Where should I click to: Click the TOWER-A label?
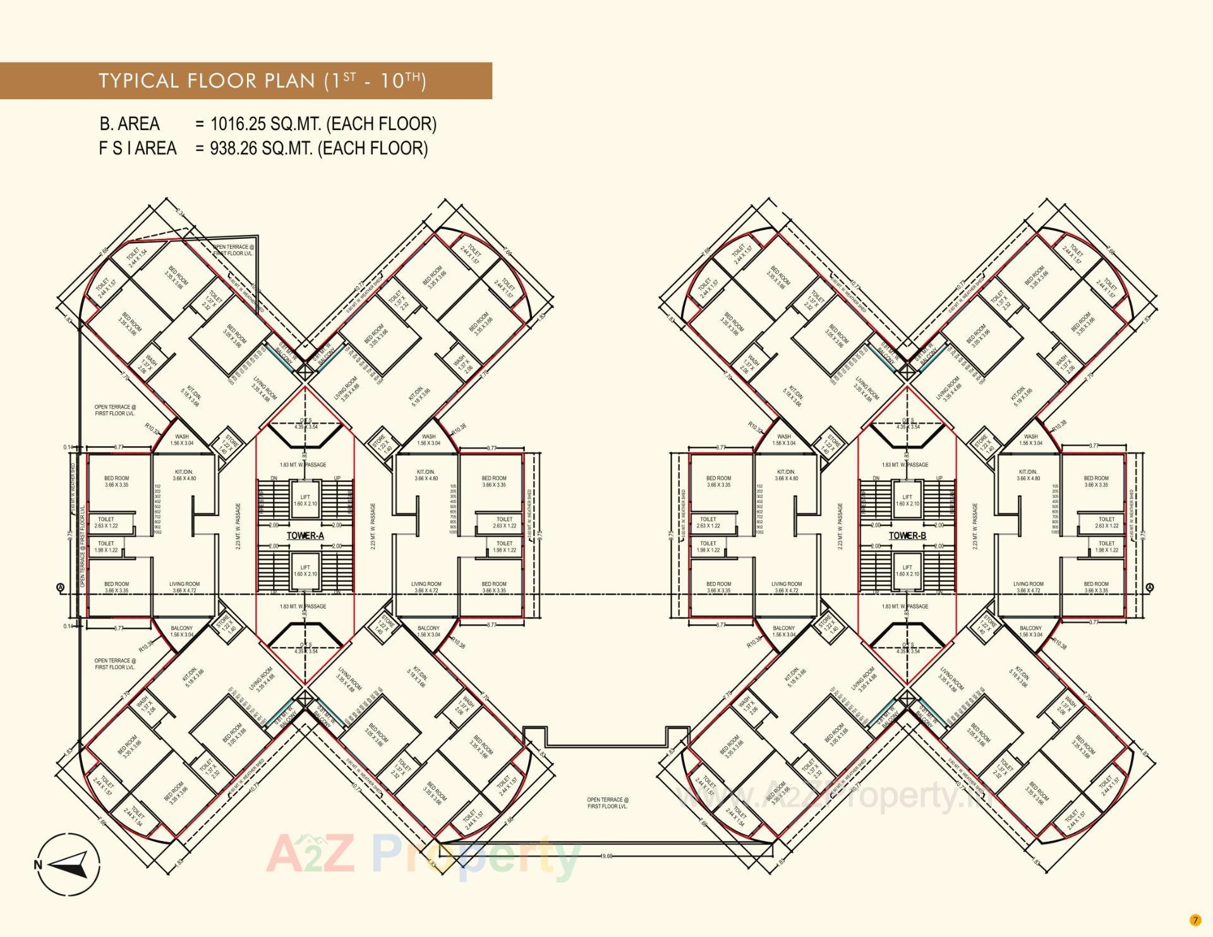click(x=305, y=536)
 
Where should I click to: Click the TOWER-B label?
click(x=907, y=536)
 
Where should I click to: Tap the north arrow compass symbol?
click(x=68, y=864)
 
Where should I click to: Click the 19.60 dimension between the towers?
click(x=606, y=856)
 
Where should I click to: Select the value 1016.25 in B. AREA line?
click(x=234, y=124)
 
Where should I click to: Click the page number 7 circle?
click(x=1195, y=920)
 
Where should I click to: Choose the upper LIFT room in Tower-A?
click(x=305, y=500)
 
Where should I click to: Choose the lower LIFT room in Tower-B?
click(x=907, y=571)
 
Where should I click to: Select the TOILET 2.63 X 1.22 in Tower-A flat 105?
click(x=504, y=523)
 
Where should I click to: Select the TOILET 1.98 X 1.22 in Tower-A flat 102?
click(x=106, y=547)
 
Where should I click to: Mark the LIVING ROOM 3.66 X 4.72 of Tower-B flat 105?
click(x=1028, y=588)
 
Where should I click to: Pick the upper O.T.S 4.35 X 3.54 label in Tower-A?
click(x=306, y=423)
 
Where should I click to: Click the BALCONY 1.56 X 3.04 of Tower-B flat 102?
click(x=784, y=631)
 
